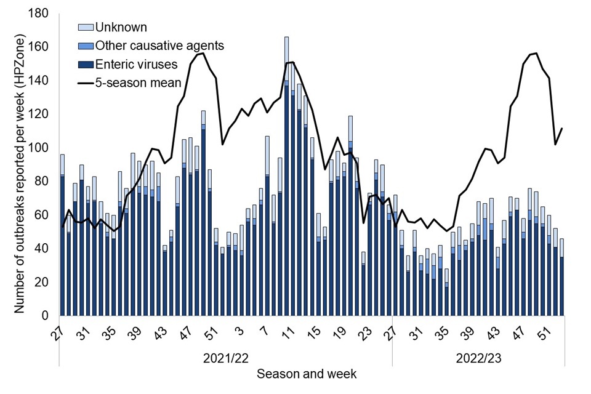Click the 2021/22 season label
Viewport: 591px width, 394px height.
pos(225,358)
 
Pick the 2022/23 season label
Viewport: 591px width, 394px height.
pos(478,358)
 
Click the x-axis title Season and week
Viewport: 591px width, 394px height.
pos(306,374)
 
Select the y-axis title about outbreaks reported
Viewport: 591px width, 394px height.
pos(20,165)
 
